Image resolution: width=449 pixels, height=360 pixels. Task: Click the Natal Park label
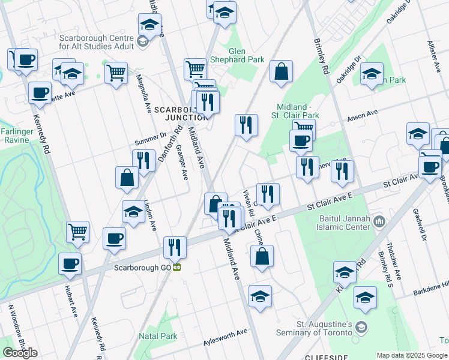(x=158, y=336)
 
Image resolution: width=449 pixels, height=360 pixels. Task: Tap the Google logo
(x=20, y=352)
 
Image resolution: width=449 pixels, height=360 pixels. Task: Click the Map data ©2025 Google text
(x=411, y=355)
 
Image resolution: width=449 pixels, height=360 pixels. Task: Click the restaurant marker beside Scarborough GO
(x=175, y=246)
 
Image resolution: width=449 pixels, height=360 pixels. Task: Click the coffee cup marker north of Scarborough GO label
(x=113, y=238)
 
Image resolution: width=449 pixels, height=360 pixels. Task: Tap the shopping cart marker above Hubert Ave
(x=78, y=231)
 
